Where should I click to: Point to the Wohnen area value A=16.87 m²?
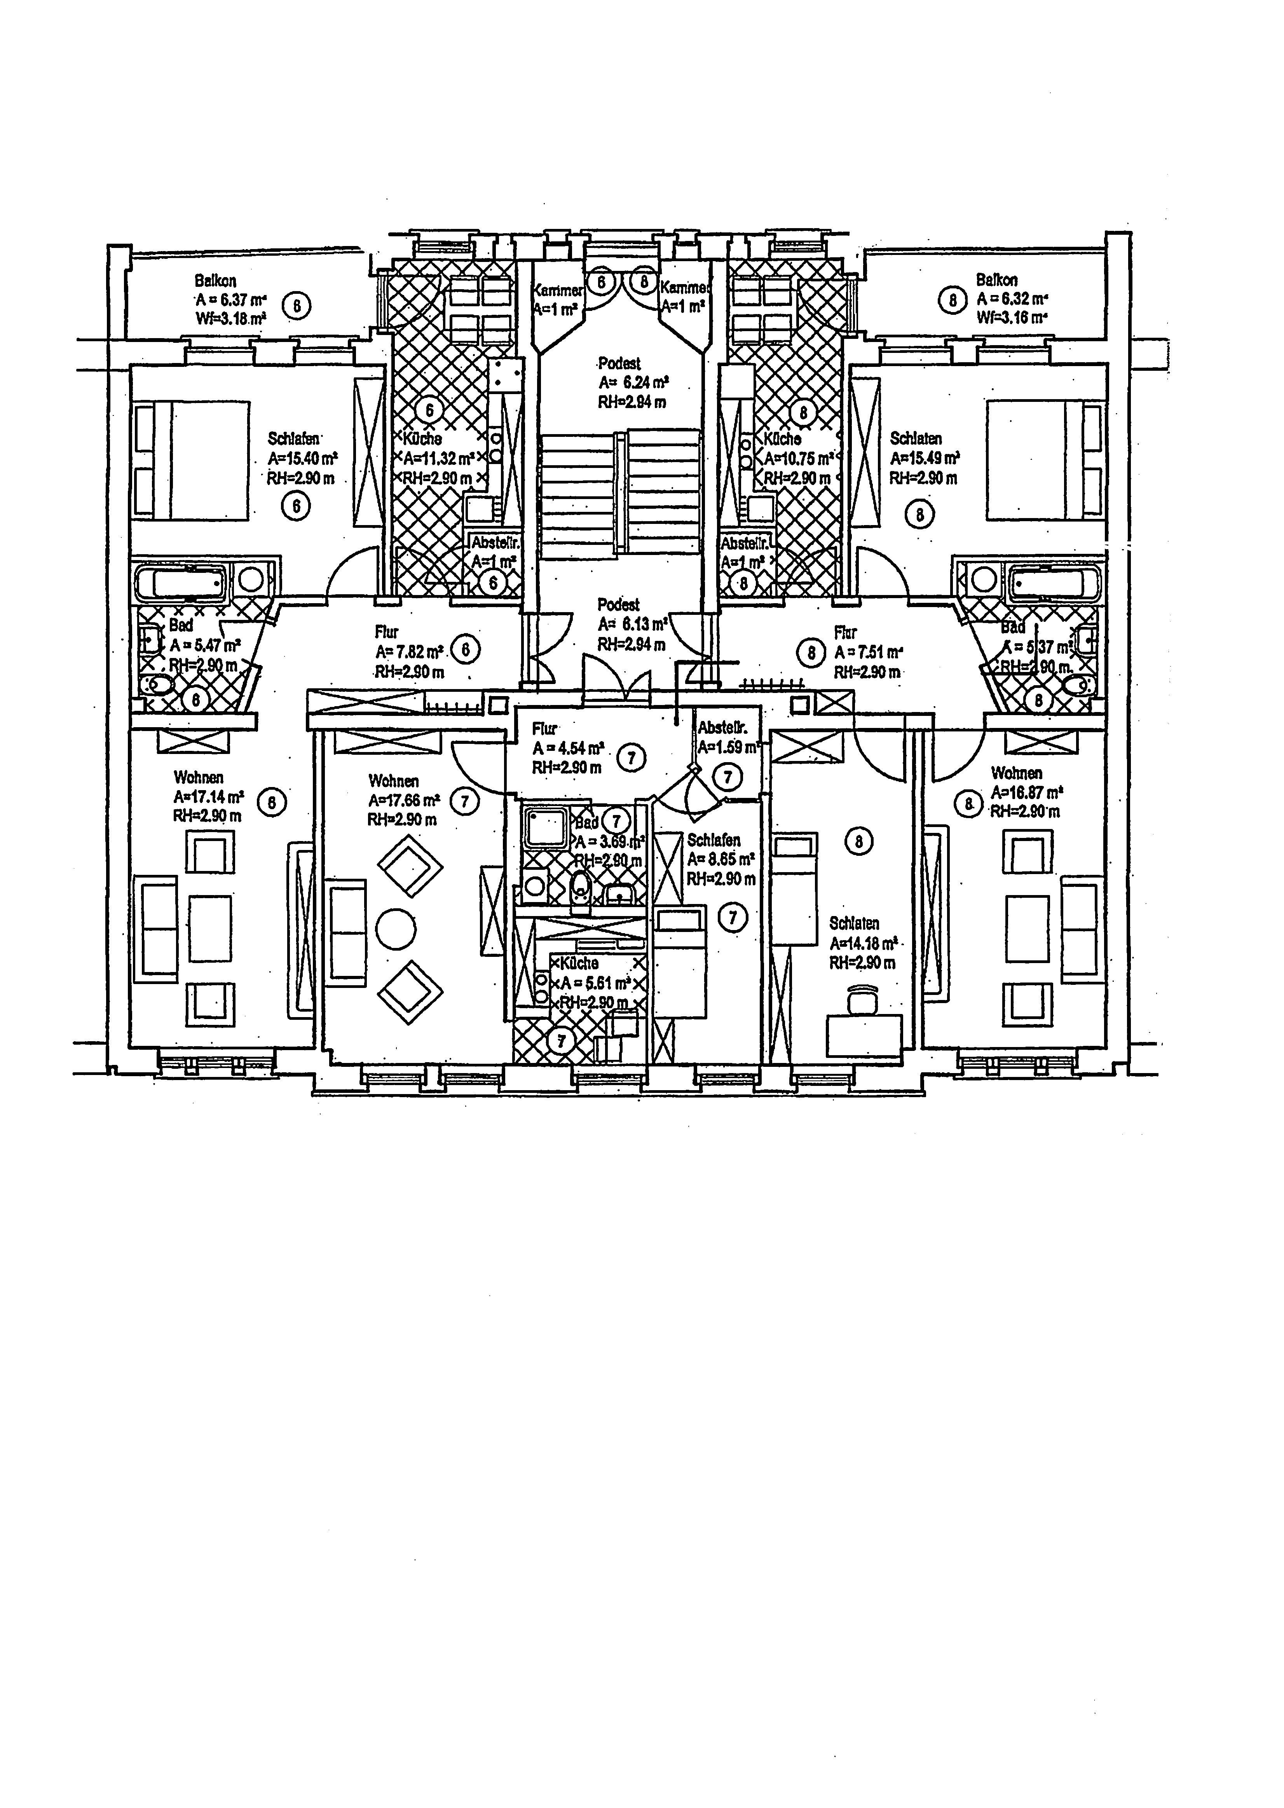click(1026, 792)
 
